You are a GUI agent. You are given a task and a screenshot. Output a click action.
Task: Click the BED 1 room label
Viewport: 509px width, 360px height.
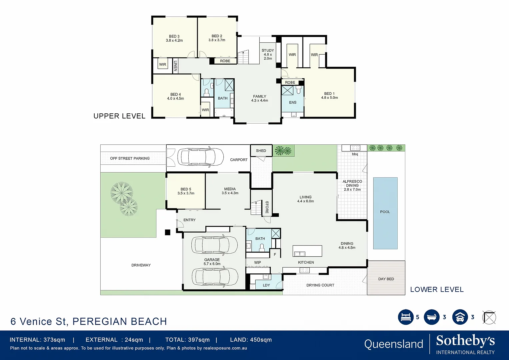click(x=329, y=96)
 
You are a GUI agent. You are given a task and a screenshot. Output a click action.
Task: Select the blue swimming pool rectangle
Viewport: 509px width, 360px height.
click(x=385, y=213)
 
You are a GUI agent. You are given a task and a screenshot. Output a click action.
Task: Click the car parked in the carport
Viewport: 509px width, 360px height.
click(x=200, y=157)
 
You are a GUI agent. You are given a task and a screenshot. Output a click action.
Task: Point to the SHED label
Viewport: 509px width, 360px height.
click(x=261, y=151)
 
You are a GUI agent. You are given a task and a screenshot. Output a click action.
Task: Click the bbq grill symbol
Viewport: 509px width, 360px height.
click(x=355, y=148)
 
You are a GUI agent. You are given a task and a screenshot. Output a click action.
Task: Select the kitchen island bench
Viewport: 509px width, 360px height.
click(x=307, y=251)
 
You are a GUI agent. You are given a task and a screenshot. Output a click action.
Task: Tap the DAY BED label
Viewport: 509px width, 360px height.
click(x=386, y=279)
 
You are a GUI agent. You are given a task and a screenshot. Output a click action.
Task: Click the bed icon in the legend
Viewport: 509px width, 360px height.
click(x=406, y=317)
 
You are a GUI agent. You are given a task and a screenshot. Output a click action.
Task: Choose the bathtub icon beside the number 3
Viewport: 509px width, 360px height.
click(x=432, y=317)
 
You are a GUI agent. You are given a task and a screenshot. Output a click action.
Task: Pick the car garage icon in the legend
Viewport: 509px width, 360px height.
click(x=460, y=317)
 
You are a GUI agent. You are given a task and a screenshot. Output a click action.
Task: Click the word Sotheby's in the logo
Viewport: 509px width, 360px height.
click(x=465, y=341)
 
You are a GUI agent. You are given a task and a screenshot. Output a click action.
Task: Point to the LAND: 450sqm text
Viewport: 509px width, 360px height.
click(x=251, y=340)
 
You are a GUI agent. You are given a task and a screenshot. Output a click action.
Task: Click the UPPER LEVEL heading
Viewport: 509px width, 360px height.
click(x=119, y=116)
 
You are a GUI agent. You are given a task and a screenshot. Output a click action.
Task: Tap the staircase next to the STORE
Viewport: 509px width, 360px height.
click(x=256, y=208)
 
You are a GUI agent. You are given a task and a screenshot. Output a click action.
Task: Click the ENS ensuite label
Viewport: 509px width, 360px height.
click(x=293, y=102)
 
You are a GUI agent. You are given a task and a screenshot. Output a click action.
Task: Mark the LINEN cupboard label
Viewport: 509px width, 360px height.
click(x=175, y=65)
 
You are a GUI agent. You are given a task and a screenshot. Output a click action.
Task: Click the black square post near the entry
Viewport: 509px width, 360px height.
click(x=168, y=232)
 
